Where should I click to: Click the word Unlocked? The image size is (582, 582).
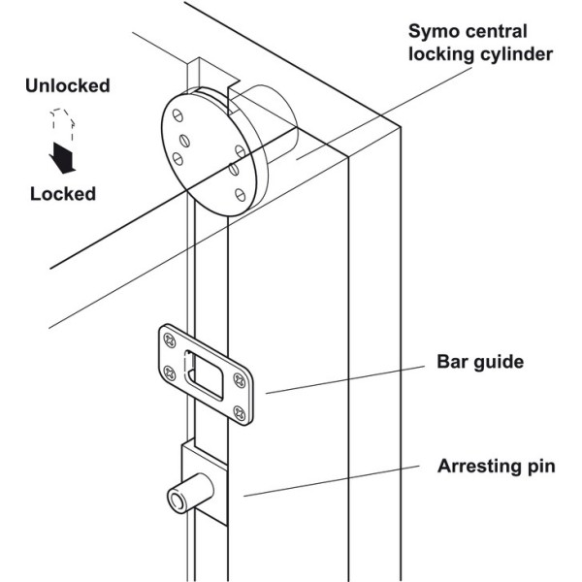click(69, 85)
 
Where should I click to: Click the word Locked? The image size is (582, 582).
click(63, 193)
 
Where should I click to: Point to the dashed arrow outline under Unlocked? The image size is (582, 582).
click(59, 124)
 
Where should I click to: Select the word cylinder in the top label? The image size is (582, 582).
click(518, 54)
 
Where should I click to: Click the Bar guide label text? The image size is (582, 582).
click(478, 363)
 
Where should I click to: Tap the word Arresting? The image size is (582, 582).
click(469, 467)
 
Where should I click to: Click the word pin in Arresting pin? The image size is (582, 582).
click(538, 468)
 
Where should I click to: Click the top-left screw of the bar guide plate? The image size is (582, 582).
click(172, 339)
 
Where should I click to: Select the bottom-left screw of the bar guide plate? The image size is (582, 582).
click(172, 372)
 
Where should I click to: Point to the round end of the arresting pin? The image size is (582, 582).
click(176, 500)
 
